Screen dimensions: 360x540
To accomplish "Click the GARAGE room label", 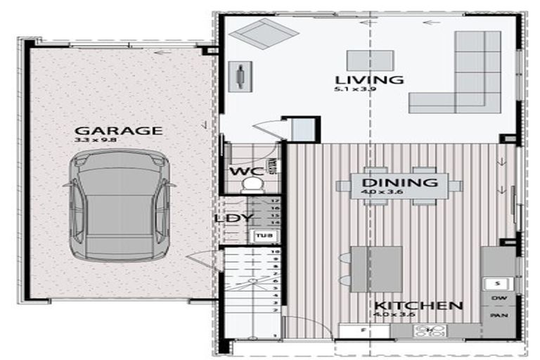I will coord(118,130).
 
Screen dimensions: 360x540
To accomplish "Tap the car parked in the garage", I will coord(119,209).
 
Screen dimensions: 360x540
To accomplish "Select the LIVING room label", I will coord(369,79).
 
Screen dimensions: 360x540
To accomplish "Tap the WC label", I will coord(243,171).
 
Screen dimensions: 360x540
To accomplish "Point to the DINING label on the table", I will coord(399,183).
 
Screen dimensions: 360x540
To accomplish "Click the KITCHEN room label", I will coord(418,306).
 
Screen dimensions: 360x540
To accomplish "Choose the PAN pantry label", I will coord(498,315).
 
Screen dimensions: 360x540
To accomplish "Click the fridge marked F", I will coord(364,329).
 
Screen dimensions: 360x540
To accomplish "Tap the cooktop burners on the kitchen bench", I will coord(425,330).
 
